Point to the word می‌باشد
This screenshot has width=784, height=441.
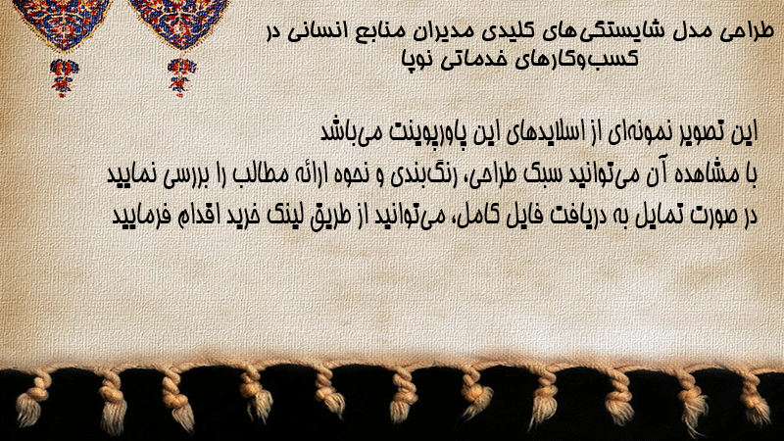point(348,132)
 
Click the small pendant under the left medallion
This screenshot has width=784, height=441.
point(64,77)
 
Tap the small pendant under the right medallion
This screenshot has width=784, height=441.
point(181,77)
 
